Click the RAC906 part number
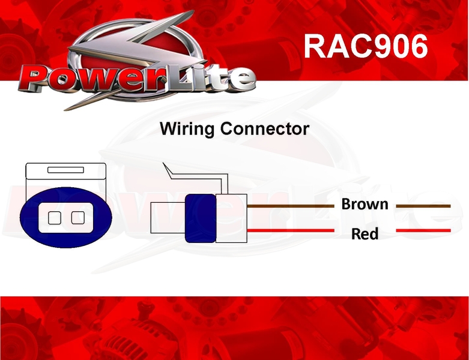366,46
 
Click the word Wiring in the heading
187,129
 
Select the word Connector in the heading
265,129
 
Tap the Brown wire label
365,204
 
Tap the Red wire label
365,233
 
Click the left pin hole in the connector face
55,218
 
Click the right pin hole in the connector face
78,218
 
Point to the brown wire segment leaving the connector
291,206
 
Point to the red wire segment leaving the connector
291,230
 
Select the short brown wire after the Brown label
423,206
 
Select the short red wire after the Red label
423,230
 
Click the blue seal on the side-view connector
201,218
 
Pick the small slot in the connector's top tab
66,170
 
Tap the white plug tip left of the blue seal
168,218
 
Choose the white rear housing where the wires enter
232,218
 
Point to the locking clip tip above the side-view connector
163,163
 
